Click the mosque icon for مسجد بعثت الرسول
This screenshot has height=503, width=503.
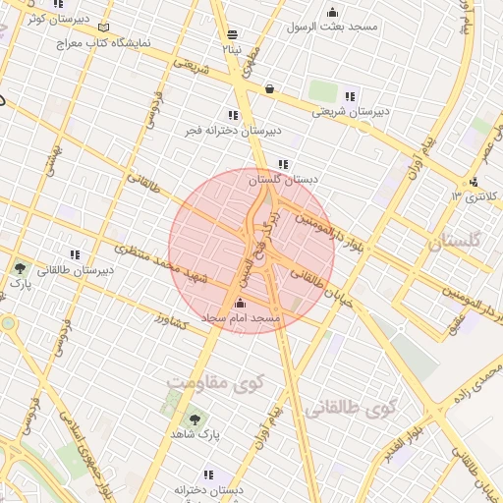click(332, 13)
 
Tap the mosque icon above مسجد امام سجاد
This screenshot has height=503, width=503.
click(242, 304)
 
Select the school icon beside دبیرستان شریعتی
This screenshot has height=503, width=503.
click(350, 96)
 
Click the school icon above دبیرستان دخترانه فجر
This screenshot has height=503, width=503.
click(233, 115)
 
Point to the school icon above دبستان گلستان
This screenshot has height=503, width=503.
click(283, 165)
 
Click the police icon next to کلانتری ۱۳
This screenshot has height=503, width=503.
click(474, 182)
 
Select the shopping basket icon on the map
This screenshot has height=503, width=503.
click(269, 88)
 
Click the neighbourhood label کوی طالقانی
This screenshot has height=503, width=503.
click(350, 407)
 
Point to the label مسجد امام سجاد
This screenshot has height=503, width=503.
click(242, 319)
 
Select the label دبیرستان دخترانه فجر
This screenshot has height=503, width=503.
click(233, 130)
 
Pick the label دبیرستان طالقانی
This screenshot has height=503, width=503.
click(74, 269)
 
